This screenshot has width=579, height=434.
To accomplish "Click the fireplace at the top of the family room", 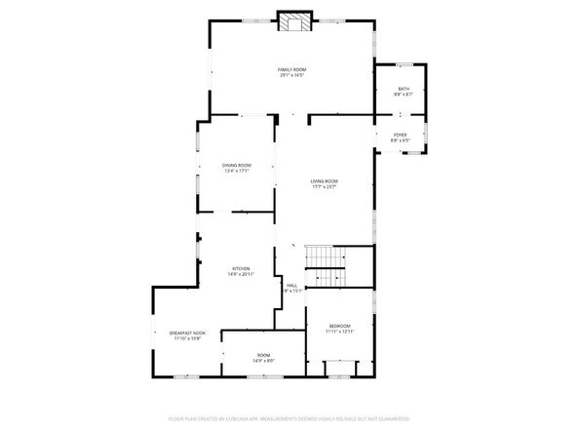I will pos(292,21).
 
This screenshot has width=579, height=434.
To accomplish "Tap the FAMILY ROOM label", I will pos(291,70).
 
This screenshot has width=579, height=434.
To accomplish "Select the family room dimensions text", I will pos(291,76).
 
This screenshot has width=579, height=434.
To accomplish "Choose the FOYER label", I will pos(401,135).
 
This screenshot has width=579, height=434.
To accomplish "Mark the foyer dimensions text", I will pos(401,140).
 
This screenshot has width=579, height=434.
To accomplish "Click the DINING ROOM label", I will pos(236,166).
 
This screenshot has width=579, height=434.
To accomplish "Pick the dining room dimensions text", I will pos(236,172).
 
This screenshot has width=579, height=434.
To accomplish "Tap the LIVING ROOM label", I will pos(325,181).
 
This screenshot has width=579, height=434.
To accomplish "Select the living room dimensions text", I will pos(325,187).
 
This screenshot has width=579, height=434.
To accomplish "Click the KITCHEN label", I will pos(240,268).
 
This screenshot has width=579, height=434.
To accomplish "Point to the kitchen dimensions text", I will pos(240,274).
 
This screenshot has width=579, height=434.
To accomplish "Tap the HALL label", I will pos(291,285).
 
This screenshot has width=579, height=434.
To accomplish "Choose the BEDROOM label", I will pos(339,326).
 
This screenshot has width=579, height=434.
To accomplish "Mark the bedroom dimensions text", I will pos(339,332).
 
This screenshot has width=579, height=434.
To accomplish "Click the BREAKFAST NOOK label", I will pos(187,334).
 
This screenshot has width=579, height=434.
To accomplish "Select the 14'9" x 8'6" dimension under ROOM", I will pos(263,361).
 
